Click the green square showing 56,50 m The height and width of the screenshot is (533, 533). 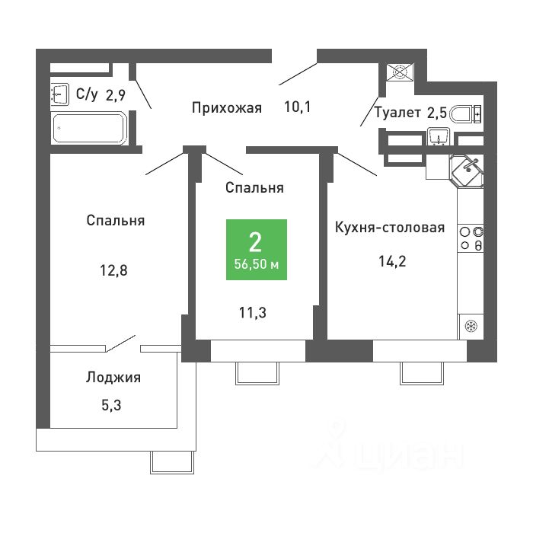coord(257,250)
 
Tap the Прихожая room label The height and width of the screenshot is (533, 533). coord(227,108)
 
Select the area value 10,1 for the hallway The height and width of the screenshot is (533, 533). coord(298,107)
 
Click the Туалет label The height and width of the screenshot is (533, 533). coord(397,112)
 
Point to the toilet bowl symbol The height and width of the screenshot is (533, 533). coord(465,114)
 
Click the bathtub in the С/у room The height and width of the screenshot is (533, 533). coord(89,128)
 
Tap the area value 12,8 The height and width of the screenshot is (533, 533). coord(113,270)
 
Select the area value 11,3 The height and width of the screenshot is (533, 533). coord(253,312)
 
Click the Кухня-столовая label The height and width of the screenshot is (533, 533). coord(390,228)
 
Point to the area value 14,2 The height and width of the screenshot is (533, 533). coord(392,261)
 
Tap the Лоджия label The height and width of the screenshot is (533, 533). coord(113,378)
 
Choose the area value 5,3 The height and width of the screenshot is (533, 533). coord(111,405)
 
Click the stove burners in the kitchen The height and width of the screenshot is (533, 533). coord(471,238)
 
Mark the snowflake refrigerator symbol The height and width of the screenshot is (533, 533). coord(471,327)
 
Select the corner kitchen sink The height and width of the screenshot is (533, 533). coord(466,171)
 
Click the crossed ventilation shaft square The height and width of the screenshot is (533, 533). coord(400,72)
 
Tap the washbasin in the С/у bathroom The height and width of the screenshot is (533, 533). coord(60,93)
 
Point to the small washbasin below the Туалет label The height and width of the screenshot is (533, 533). coord(439,136)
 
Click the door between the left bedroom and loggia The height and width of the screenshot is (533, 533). coord(121,343)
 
